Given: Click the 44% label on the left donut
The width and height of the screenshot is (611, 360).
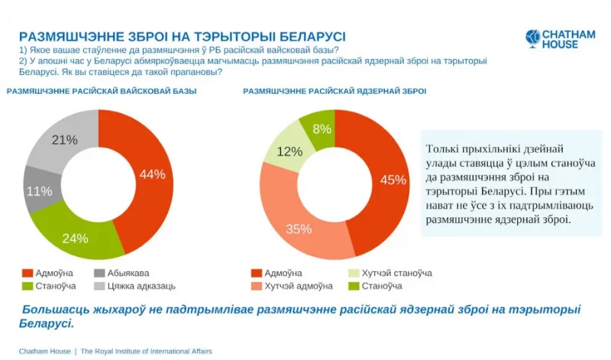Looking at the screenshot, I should (x=152, y=174).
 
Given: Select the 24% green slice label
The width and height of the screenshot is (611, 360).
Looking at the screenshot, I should (x=75, y=238).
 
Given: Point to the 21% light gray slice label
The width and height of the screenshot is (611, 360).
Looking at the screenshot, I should (x=64, y=140).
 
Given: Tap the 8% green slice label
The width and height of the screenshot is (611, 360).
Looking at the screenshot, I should (x=322, y=129).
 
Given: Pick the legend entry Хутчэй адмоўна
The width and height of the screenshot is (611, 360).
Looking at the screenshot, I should (x=298, y=286).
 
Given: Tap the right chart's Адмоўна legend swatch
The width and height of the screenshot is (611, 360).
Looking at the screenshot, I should (x=256, y=273).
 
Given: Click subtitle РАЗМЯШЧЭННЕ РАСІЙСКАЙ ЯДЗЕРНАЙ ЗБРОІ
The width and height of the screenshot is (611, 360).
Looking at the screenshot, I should (x=335, y=91).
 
